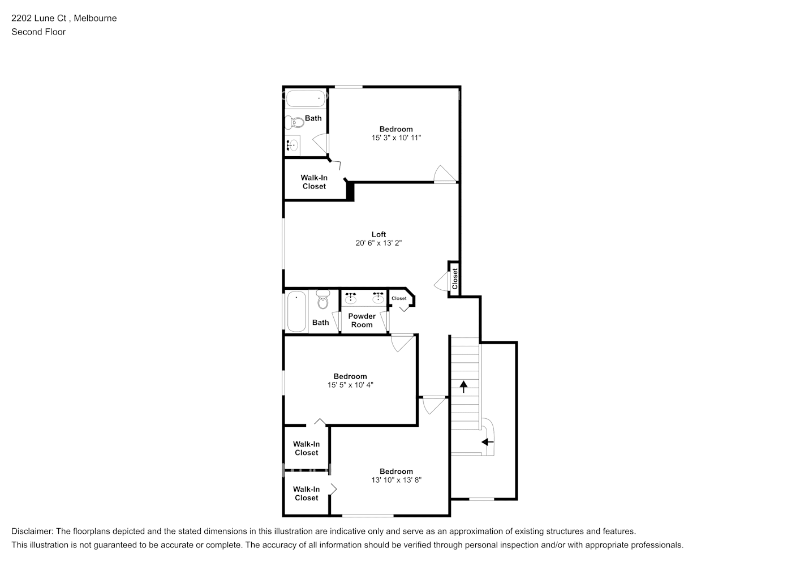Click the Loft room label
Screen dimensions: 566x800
(379, 234)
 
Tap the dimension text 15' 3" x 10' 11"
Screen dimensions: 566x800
(396, 138)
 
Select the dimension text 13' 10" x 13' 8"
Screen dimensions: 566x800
(396, 480)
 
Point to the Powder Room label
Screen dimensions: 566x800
(362, 320)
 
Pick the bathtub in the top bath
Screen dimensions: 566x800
(306, 98)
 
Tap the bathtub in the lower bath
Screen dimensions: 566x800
(296, 311)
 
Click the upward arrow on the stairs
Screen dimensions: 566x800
(464, 387)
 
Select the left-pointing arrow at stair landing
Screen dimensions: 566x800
(487, 442)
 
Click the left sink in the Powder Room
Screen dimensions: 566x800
(351, 298)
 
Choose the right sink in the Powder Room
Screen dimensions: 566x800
(378, 298)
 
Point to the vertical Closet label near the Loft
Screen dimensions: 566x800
(455, 278)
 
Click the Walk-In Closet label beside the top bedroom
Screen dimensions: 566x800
(314, 182)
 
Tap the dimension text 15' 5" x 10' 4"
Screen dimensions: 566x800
(350, 385)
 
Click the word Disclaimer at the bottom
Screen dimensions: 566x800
(32, 531)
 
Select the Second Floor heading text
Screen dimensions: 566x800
(38, 32)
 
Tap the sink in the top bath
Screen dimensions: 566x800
(293, 145)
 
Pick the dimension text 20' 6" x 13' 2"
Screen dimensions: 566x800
(379, 243)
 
